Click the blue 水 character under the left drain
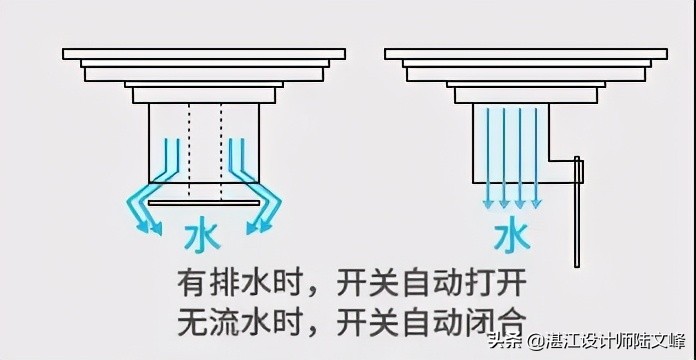(x=203, y=237)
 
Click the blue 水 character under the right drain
(x=512, y=237)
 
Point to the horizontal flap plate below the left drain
(x=204, y=203)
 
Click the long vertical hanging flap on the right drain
(x=577, y=215)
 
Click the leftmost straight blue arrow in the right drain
(x=487, y=155)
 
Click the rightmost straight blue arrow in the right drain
(x=536, y=155)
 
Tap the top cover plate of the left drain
(x=204, y=54)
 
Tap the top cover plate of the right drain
(x=526, y=54)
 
